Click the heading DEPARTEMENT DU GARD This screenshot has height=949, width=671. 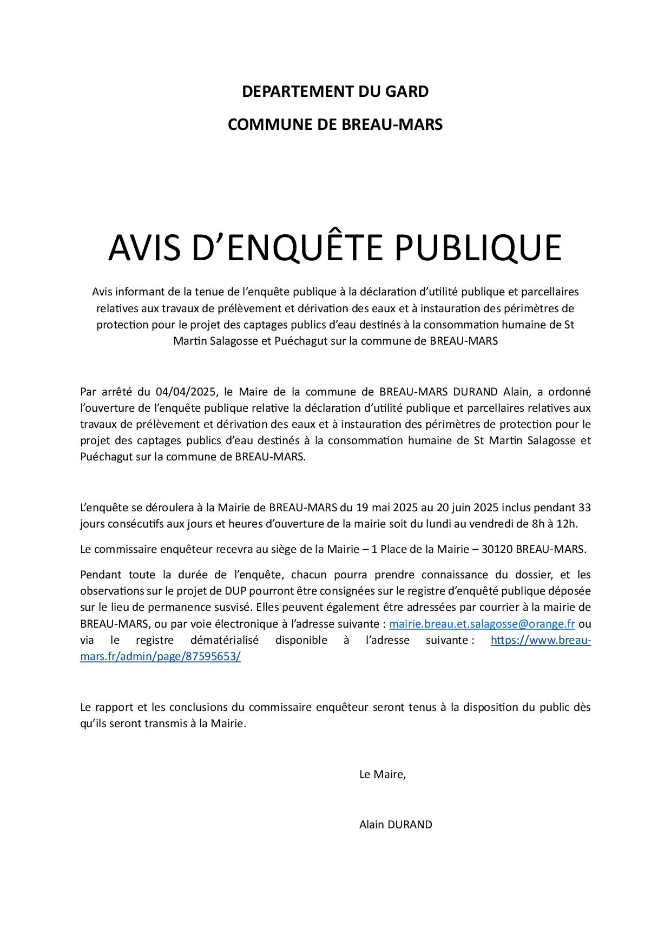[x=335, y=91]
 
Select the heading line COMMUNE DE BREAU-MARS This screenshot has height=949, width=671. [x=335, y=124]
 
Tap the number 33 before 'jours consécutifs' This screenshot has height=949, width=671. [x=584, y=508]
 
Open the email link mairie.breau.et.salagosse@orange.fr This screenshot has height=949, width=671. [x=482, y=624]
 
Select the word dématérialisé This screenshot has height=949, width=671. [x=225, y=640]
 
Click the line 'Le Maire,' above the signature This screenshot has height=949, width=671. [x=382, y=774]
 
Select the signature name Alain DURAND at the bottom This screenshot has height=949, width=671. [x=396, y=825]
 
